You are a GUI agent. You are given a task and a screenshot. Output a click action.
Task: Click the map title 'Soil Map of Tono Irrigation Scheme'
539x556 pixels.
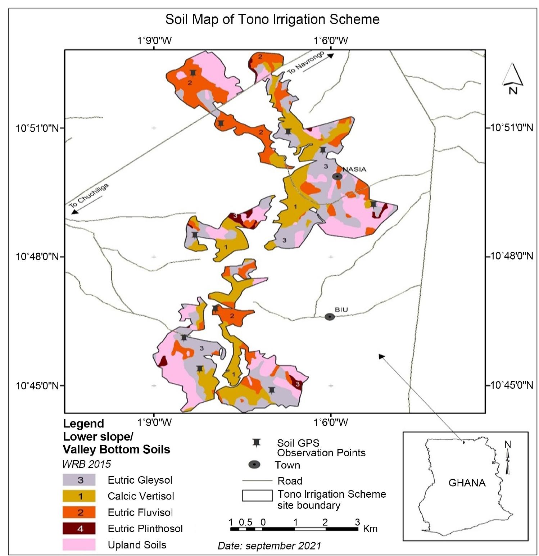click(272, 19)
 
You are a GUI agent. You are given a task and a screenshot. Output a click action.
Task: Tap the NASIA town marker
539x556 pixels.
click(337, 176)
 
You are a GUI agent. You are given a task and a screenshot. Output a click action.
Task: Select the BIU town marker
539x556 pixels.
click(330, 317)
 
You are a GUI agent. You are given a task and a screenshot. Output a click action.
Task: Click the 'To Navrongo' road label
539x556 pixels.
click(306, 63)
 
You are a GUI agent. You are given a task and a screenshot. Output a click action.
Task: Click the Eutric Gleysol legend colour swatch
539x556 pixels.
click(79, 480)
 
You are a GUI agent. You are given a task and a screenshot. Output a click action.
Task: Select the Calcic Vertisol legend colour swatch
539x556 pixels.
click(79, 496)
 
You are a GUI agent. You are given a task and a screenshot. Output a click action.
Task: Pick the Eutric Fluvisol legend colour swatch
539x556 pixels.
click(79, 512)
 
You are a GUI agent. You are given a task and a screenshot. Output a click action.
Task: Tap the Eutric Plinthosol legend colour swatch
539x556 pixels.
click(79, 529)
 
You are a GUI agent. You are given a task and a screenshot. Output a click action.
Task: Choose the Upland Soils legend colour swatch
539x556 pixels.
click(79, 544)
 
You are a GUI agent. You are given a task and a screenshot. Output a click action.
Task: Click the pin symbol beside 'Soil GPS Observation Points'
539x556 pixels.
click(256, 443)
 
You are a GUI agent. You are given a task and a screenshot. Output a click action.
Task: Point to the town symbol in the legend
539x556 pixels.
click(254, 465)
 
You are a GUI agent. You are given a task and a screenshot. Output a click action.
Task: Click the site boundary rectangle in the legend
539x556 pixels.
click(257, 496)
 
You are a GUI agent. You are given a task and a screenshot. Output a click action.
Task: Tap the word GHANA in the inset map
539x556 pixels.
click(467, 483)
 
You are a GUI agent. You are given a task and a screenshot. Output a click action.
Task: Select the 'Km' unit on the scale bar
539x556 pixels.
click(370, 528)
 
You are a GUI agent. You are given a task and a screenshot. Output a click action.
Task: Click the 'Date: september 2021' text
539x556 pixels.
click(269, 546)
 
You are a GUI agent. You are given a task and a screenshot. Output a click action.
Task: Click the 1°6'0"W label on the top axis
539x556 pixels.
click(331, 40)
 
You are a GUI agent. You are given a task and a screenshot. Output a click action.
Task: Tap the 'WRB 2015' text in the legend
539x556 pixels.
click(86, 464)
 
